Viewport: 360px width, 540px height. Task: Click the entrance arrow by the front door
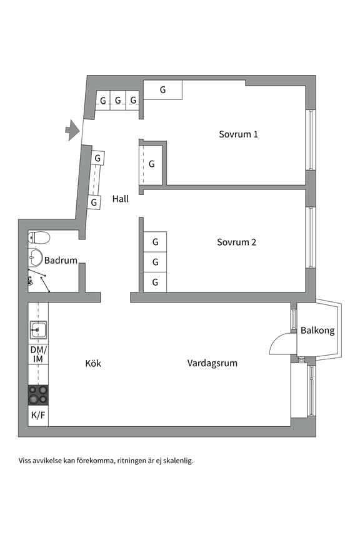72,130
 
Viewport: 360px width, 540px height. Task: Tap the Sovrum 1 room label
238,134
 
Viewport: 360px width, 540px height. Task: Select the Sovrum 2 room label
236,242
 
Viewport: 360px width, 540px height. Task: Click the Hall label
121,199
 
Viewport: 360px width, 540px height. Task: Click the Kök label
93,363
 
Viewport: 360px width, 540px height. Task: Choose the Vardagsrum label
212,363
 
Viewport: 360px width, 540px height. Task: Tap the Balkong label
317,331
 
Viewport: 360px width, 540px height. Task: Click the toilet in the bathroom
39,237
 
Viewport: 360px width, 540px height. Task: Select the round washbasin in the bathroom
35,258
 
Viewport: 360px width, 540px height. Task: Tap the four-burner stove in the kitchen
37,395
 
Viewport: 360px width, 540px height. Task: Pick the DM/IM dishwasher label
37,354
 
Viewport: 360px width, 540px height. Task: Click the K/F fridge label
37,415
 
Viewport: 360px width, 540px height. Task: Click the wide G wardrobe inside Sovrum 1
162,90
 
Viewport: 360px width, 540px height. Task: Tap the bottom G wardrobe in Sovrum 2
155,282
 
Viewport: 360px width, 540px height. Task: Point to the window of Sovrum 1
310,139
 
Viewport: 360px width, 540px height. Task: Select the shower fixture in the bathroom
31,282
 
